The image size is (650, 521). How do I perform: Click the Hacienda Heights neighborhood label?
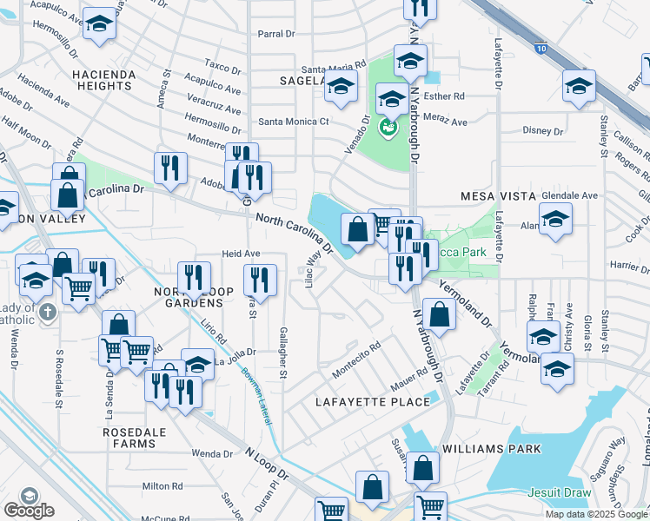pyautogui.click(x=105, y=81)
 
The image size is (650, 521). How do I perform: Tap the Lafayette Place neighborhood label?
pyautogui.click(x=374, y=402)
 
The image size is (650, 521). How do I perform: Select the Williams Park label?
pyautogui.click(x=491, y=449)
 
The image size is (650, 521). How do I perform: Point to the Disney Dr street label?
pyautogui.click(x=544, y=131)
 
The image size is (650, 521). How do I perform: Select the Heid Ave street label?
pyautogui.click(x=241, y=254)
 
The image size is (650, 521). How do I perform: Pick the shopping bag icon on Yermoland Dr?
pyautogui.click(x=441, y=315)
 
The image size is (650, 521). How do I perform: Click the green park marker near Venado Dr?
pyautogui.click(x=388, y=129)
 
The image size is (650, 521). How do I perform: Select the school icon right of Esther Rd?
pyautogui.click(x=579, y=87)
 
